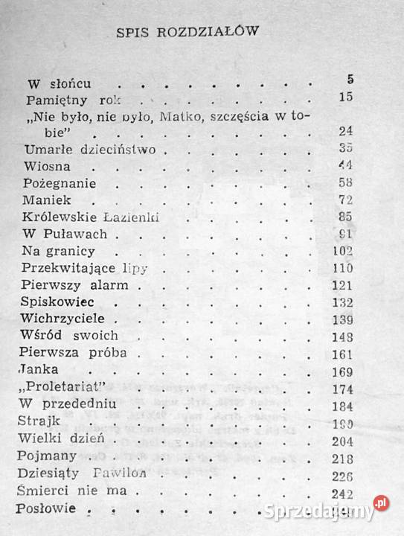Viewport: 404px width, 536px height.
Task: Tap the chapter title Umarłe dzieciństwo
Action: (89, 150)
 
